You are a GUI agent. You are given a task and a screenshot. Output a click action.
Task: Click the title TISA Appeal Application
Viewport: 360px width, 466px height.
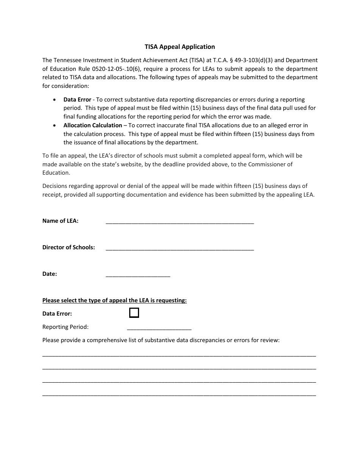pos(180,47)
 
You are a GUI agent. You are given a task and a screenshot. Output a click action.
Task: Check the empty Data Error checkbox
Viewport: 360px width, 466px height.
pos(134,313)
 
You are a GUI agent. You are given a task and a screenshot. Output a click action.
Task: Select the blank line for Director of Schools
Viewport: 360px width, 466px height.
pos(180,249)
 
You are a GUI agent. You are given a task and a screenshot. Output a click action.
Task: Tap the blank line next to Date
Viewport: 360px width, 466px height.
pos(138,275)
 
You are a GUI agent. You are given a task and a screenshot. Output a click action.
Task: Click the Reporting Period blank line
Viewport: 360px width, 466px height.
pos(159,328)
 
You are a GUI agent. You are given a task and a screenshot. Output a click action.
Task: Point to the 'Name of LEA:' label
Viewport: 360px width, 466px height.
pos(60,221)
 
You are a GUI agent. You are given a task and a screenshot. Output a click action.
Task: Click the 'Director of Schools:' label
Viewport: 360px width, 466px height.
pos(69,247)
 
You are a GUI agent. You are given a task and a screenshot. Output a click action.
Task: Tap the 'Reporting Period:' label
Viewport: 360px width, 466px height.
pos(65,327)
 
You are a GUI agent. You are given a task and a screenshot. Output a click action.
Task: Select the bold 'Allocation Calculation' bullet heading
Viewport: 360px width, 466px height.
pos(92,125)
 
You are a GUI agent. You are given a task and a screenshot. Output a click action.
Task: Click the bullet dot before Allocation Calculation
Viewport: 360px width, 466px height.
pos(55,125)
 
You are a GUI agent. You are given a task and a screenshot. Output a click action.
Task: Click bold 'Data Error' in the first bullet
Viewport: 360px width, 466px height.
pos(77,100)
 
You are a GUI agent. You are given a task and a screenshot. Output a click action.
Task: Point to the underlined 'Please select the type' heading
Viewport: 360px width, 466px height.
pos(114,300)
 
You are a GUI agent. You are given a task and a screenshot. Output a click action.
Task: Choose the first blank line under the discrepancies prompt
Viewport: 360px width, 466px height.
pos(179,355)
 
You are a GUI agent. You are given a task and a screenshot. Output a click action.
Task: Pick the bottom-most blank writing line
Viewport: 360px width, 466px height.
pos(179,395)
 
